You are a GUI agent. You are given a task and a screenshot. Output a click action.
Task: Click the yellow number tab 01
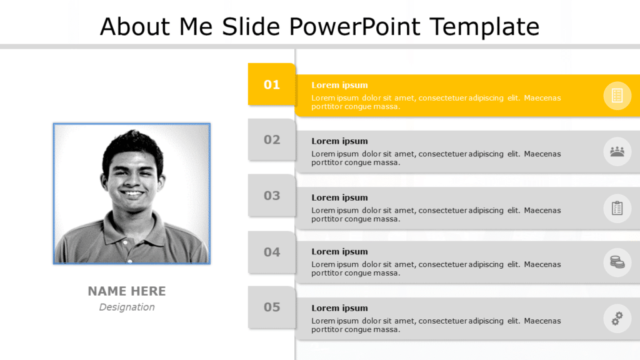(x=272, y=84)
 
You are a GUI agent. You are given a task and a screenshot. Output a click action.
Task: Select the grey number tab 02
(x=272, y=139)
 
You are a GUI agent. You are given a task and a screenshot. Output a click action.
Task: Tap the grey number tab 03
(x=272, y=196)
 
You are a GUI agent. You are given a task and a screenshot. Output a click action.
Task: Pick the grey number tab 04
(x=272, y=252)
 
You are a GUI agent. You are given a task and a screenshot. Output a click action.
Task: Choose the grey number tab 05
(x=272, y=307)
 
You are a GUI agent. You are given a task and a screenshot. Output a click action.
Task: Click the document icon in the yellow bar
(x=617, y=96)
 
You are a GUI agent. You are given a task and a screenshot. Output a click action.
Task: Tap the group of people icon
(x=617, y=151)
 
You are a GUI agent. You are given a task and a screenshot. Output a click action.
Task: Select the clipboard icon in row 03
(x=617, y=207)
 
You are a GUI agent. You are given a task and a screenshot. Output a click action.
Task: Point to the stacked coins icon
(x=617, y=262)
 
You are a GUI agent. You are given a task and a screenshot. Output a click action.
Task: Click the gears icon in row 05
(x=617, y=319)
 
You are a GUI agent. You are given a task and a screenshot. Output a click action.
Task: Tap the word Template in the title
(x=484, y=27)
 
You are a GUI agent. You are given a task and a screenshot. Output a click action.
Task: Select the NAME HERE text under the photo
(x=127, y=291)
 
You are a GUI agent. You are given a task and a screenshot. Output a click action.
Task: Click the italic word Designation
(x=127, y=307)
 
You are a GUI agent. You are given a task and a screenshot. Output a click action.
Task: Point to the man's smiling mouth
(x=132, y=193)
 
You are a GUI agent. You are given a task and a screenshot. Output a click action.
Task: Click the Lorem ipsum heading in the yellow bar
(x=339, y=85)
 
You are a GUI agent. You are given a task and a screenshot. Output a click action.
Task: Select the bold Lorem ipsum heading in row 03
(x=339, y=197)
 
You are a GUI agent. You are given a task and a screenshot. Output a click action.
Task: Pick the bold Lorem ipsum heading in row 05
(x=339, y=308)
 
